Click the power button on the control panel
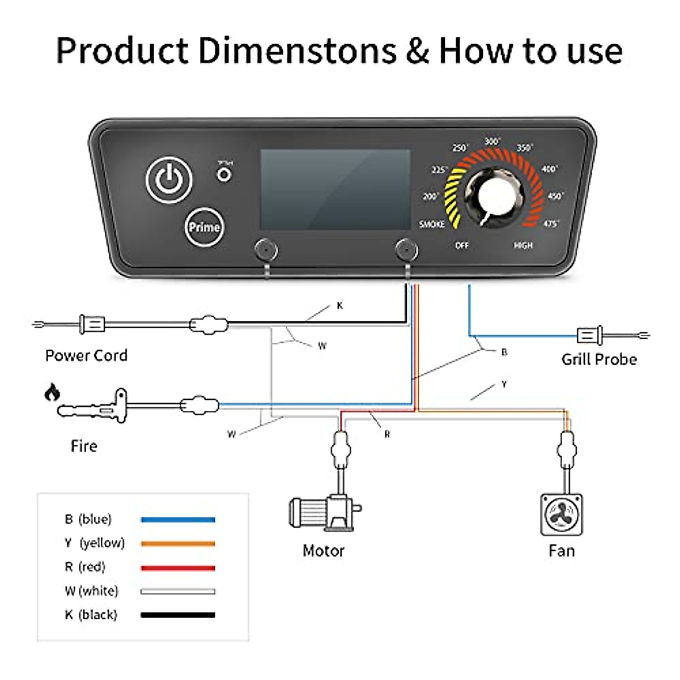[169, 180]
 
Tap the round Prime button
[204, 227]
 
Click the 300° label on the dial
[492, 141]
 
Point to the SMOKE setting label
[432, 224]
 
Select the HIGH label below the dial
[523, 245]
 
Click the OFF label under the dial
[462, 245]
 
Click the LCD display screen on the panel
[335, 189]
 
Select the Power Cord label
[86, 356]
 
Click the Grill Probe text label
[599, 359]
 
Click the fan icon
[561, 515]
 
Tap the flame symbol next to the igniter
[52, 392]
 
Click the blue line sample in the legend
[178, 519]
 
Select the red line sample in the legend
[178, 568]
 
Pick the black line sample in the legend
[178, 615]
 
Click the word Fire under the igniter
[84, 447]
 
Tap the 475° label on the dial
[550, 224]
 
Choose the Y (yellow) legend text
[94, 543]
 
